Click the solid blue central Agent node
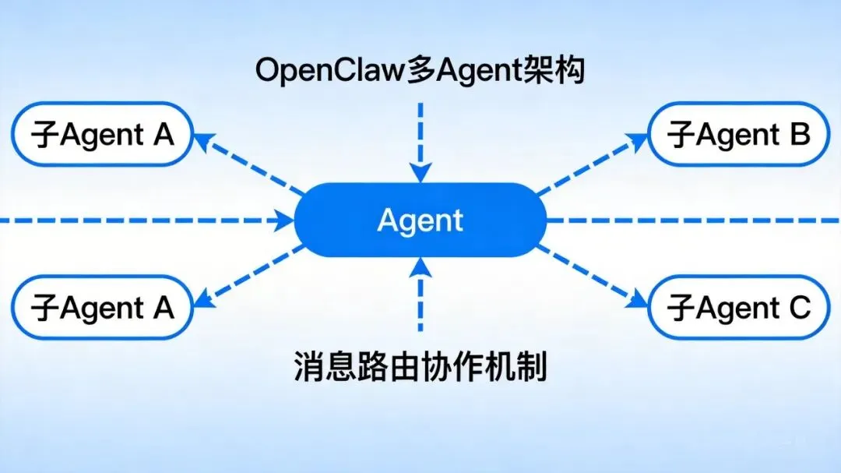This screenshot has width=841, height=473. (420, 220)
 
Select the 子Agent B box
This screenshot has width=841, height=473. (739, 136)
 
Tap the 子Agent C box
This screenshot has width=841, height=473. (739, 308)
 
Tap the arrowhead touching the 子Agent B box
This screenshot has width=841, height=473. (638, 141)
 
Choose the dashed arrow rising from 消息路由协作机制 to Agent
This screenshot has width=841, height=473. (420, 296)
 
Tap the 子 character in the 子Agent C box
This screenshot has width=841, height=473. (681, 309)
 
